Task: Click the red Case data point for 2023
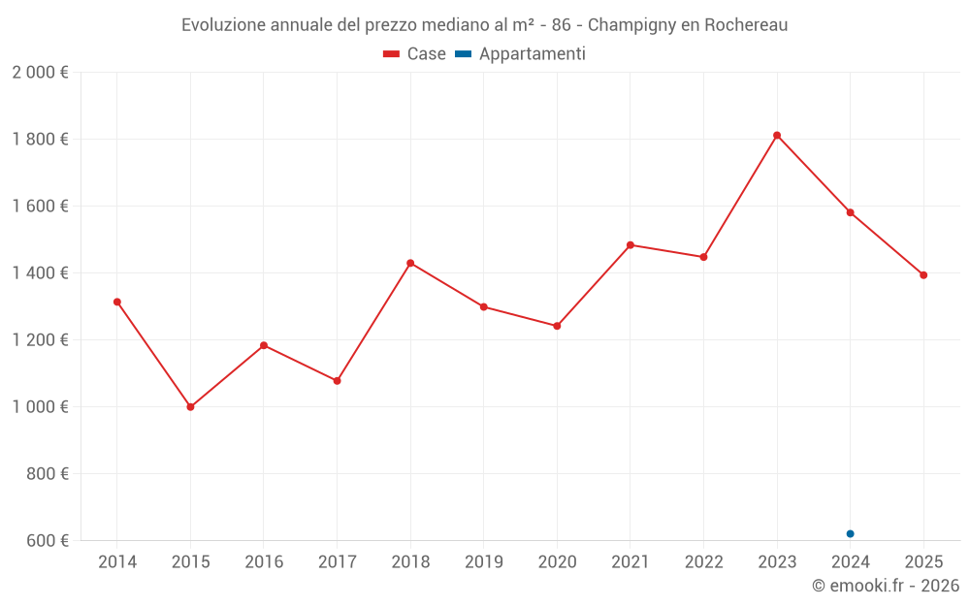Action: click(x=777, y=136)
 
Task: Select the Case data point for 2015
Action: click(x=190, y=407)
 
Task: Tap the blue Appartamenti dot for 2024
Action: click(x=850, y=533)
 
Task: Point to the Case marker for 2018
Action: click(x=410, y=263)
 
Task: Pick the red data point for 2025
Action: click(x=923, y=274)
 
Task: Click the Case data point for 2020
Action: click(x=557, y=326)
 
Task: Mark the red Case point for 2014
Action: click(x=117, y=302)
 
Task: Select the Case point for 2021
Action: click(x=630, y=245)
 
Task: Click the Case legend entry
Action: click(x=415, y=54)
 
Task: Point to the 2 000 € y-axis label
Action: click(x=40, y=73)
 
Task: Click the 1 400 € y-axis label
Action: click(x=40, y=273)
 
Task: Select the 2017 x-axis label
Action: click(x=337, y=561)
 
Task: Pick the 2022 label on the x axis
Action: click(x=703, y=561)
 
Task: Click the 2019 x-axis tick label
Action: click(x=483, y=561)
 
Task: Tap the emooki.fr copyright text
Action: click(x=886, y=586)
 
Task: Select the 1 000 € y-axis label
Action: click(x=40, y=406)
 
